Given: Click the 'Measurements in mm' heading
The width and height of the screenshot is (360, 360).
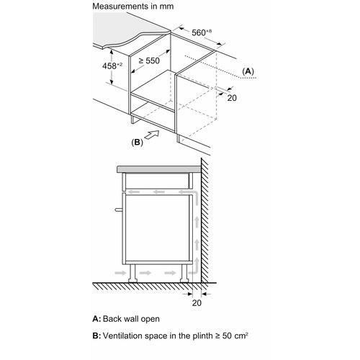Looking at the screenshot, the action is tap(133, 6).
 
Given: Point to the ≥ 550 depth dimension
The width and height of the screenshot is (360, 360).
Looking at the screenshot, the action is tap(149, 60).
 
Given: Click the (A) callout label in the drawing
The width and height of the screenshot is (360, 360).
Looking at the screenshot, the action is tap(248, 71).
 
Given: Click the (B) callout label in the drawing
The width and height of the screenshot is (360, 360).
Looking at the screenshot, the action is tap(137, 143).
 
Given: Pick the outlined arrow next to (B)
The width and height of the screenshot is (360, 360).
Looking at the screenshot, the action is tap(152, 135).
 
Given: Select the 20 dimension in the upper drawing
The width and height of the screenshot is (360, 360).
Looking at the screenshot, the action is tap(232, 98).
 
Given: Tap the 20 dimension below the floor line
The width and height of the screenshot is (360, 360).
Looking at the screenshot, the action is tap(197, 303).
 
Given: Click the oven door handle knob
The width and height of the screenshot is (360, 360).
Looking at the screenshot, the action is tap(119, 210).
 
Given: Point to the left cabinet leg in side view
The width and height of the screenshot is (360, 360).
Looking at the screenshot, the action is tap(133, 273).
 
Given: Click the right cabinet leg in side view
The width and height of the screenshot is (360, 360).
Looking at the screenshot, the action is tap(184, 273).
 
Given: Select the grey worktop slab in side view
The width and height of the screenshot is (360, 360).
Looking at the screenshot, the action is tap(159, 169).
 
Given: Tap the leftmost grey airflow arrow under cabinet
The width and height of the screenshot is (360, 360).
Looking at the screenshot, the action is tap(120, 273).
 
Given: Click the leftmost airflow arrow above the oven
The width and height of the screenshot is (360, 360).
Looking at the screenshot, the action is tap(133, 192).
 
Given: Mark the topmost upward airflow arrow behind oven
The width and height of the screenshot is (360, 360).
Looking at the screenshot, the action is tap(197, 222).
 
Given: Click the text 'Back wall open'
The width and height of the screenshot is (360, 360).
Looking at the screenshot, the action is tap(131, 319).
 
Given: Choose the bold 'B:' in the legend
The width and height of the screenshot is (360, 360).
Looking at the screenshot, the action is tap(96, 336).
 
